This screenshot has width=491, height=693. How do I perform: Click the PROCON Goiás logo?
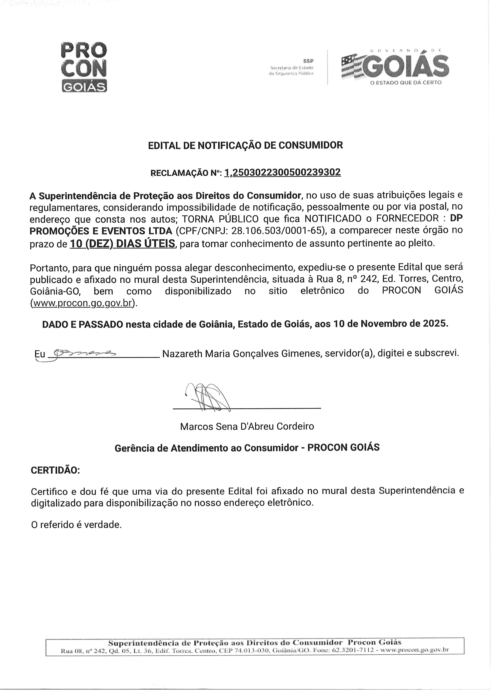[x=84, y=67]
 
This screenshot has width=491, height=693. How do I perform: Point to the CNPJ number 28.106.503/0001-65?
[x=278, y=231]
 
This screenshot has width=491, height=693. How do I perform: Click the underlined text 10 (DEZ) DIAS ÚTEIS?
[x=122, y=243]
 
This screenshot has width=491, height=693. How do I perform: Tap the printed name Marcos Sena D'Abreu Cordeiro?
[x=247, y=426]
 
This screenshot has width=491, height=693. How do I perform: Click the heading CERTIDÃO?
[x=55, y=471]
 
